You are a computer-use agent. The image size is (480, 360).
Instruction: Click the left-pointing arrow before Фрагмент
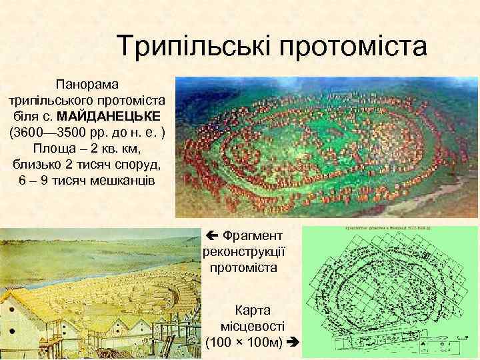click(x=211, y=235)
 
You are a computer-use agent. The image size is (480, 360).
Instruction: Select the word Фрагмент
click(x=253, y=235)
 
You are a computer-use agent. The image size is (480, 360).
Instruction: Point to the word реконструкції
click(x=243, y=251)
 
